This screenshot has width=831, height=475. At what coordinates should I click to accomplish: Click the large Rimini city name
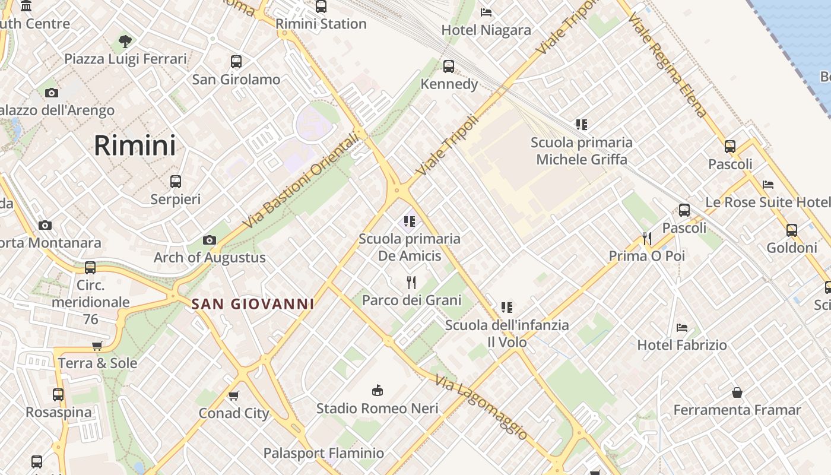tap(135, 145)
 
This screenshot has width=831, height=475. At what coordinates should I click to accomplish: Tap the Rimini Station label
tap(321, 24)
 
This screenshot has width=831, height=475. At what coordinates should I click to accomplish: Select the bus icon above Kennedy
tap(449, 66)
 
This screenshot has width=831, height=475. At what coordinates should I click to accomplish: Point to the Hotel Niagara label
tap(486, 30)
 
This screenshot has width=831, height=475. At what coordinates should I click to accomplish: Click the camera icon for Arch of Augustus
tap(209, 240)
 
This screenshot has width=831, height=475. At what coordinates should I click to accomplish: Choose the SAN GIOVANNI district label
tap(253, 304)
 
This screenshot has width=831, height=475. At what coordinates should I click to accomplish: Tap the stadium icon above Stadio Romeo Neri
tap(377, 390)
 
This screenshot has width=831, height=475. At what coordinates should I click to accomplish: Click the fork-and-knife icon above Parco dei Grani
tap(411, 282)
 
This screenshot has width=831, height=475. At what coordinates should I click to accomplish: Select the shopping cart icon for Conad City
tap(234, 395)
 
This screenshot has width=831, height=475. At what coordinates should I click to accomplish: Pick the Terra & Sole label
tap(97, 363)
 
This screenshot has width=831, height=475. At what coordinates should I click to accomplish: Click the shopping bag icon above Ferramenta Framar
tap(737, 392)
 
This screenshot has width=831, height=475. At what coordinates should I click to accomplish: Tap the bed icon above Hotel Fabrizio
tap(682, 328)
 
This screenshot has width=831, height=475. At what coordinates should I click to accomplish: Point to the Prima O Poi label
tap(646, 256)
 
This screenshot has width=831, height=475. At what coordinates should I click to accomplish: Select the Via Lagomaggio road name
tap(481, 408)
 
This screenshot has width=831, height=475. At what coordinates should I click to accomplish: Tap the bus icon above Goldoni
tap(791, 230)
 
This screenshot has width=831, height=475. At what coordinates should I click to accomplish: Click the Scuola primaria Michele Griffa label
tap(582, 151)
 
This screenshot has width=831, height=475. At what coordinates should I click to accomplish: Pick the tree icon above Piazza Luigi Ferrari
tap(125, 42)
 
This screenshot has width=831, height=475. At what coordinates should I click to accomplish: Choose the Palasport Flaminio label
tap(323, 453)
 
